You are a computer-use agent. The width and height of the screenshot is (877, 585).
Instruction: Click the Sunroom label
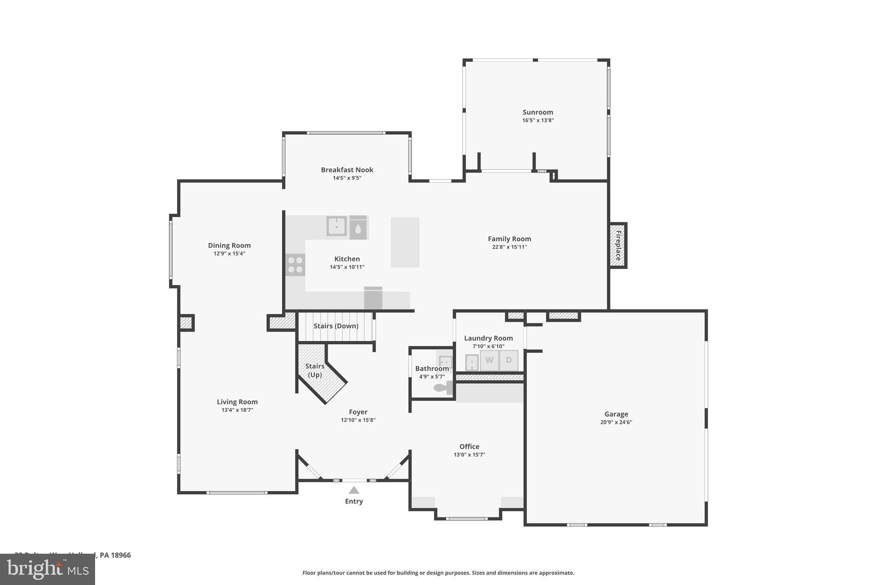pos(537,112)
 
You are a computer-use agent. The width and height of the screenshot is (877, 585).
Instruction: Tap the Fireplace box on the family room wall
pos(618,246)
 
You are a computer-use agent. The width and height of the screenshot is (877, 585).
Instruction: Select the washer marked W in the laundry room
pos(489,360)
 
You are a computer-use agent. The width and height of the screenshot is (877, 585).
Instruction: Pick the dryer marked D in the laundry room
pos(509,360)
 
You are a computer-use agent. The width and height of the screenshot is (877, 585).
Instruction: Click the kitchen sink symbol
pos(337,226)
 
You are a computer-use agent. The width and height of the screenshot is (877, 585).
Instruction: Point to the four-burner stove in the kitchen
pos(295,264)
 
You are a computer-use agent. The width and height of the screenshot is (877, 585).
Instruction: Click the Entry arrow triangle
pos(354,490)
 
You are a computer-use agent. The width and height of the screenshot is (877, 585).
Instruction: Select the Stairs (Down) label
pos(336,326)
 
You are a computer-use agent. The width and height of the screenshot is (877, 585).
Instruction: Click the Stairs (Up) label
pos(315,370)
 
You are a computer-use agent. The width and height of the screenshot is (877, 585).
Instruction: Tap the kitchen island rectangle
pos(405,242)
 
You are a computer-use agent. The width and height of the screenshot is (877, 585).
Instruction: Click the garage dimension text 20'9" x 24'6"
pos(616,422)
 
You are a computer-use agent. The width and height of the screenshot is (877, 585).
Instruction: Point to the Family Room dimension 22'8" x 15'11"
pos(509,247)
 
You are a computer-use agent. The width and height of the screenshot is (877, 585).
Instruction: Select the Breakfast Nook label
pos(347,170)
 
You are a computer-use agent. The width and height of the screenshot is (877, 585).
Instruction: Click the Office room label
pos(469,447)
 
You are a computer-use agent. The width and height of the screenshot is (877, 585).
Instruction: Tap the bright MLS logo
pos(47,569)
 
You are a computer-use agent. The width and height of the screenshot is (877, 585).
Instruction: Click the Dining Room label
pos(229,246)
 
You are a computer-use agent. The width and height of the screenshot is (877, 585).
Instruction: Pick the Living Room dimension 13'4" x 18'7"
pos(237,410)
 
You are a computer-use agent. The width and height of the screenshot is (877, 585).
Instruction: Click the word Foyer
pos(358,412)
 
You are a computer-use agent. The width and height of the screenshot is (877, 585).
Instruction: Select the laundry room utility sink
pos(471,363)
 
